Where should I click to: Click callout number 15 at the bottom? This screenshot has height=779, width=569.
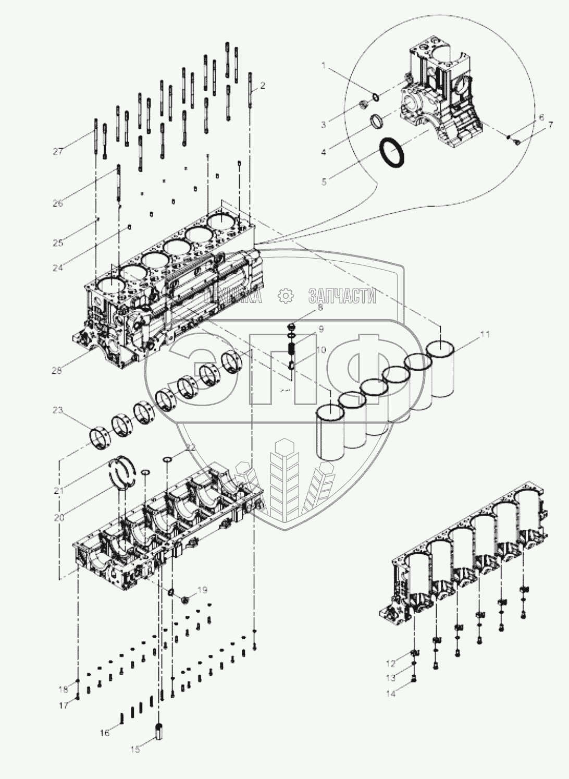click(x=135, y=750)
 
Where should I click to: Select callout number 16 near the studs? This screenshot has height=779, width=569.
click(x=105, y=733)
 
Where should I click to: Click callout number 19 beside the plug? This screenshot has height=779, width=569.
click(x=202, y=590)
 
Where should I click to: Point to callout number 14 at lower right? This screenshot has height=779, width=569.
click(x=391, y=694)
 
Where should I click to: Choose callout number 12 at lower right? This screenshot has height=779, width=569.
click(x=391, y=664)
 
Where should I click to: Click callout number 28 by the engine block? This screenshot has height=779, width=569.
click(x=71, y=371)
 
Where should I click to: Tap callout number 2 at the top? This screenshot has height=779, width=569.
click(x=263, y=86)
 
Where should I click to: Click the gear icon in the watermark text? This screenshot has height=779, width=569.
click(x=286, y=296)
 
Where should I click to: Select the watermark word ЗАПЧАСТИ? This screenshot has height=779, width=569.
click(x=342, y=296)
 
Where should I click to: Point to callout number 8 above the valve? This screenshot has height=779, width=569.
click(x=320, y=308)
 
